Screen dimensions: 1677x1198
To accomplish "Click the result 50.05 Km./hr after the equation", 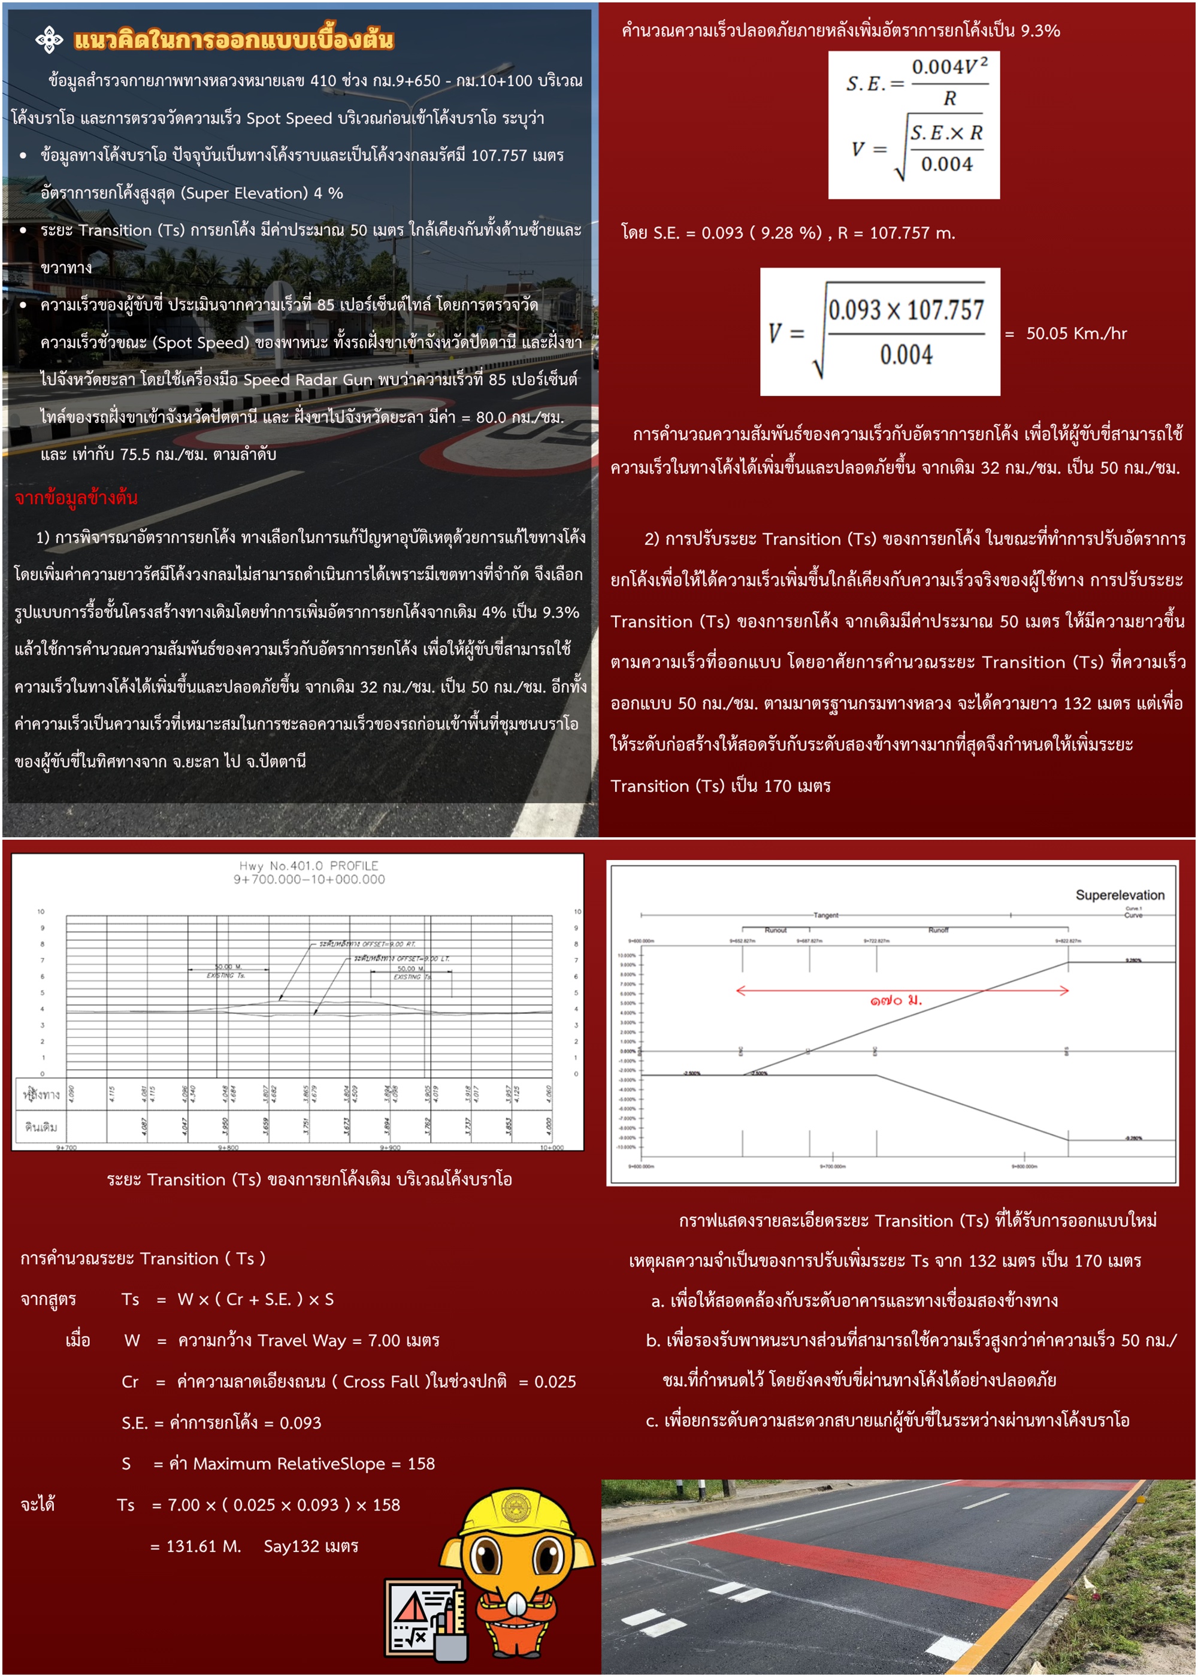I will tap(1076, 334).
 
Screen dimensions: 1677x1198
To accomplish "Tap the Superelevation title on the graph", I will tap(1119, 895).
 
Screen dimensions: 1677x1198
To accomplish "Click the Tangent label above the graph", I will tap(825, 915).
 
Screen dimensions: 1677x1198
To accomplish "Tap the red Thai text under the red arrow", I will tap(896, 1001).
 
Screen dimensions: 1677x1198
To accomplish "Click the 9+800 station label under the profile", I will tap(228, 1148).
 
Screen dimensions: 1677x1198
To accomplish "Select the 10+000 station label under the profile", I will tap(551, 1148).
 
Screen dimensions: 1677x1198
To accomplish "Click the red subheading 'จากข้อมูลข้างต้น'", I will tap(76, 498).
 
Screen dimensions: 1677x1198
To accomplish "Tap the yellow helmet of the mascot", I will tap(517, 1511).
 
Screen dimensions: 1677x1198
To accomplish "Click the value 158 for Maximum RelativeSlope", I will tap(420, 1463).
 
